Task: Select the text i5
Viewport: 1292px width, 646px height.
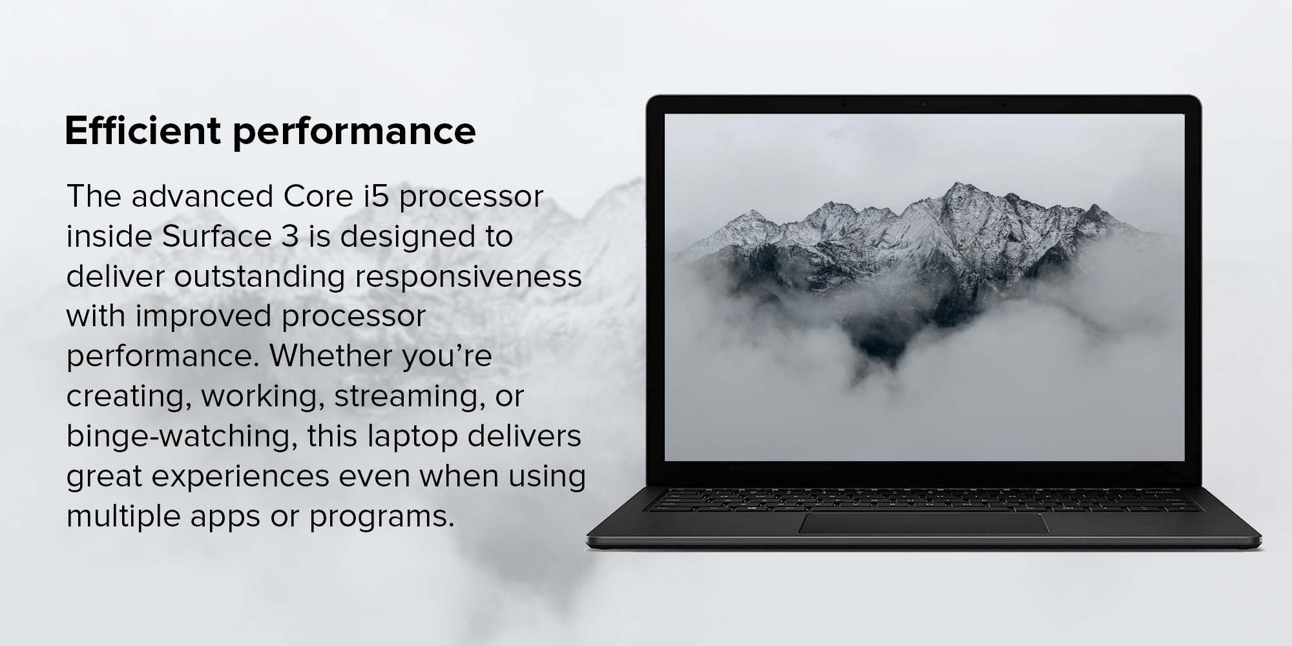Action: click(376, 196)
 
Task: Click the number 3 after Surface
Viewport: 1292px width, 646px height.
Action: click(290, 237)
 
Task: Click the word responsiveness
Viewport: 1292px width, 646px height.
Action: click(469, 276)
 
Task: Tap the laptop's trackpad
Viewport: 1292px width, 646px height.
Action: click(924, 524)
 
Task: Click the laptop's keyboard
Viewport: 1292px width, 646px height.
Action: click(924, 500)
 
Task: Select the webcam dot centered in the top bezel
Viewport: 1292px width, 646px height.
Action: click(924, 104)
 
